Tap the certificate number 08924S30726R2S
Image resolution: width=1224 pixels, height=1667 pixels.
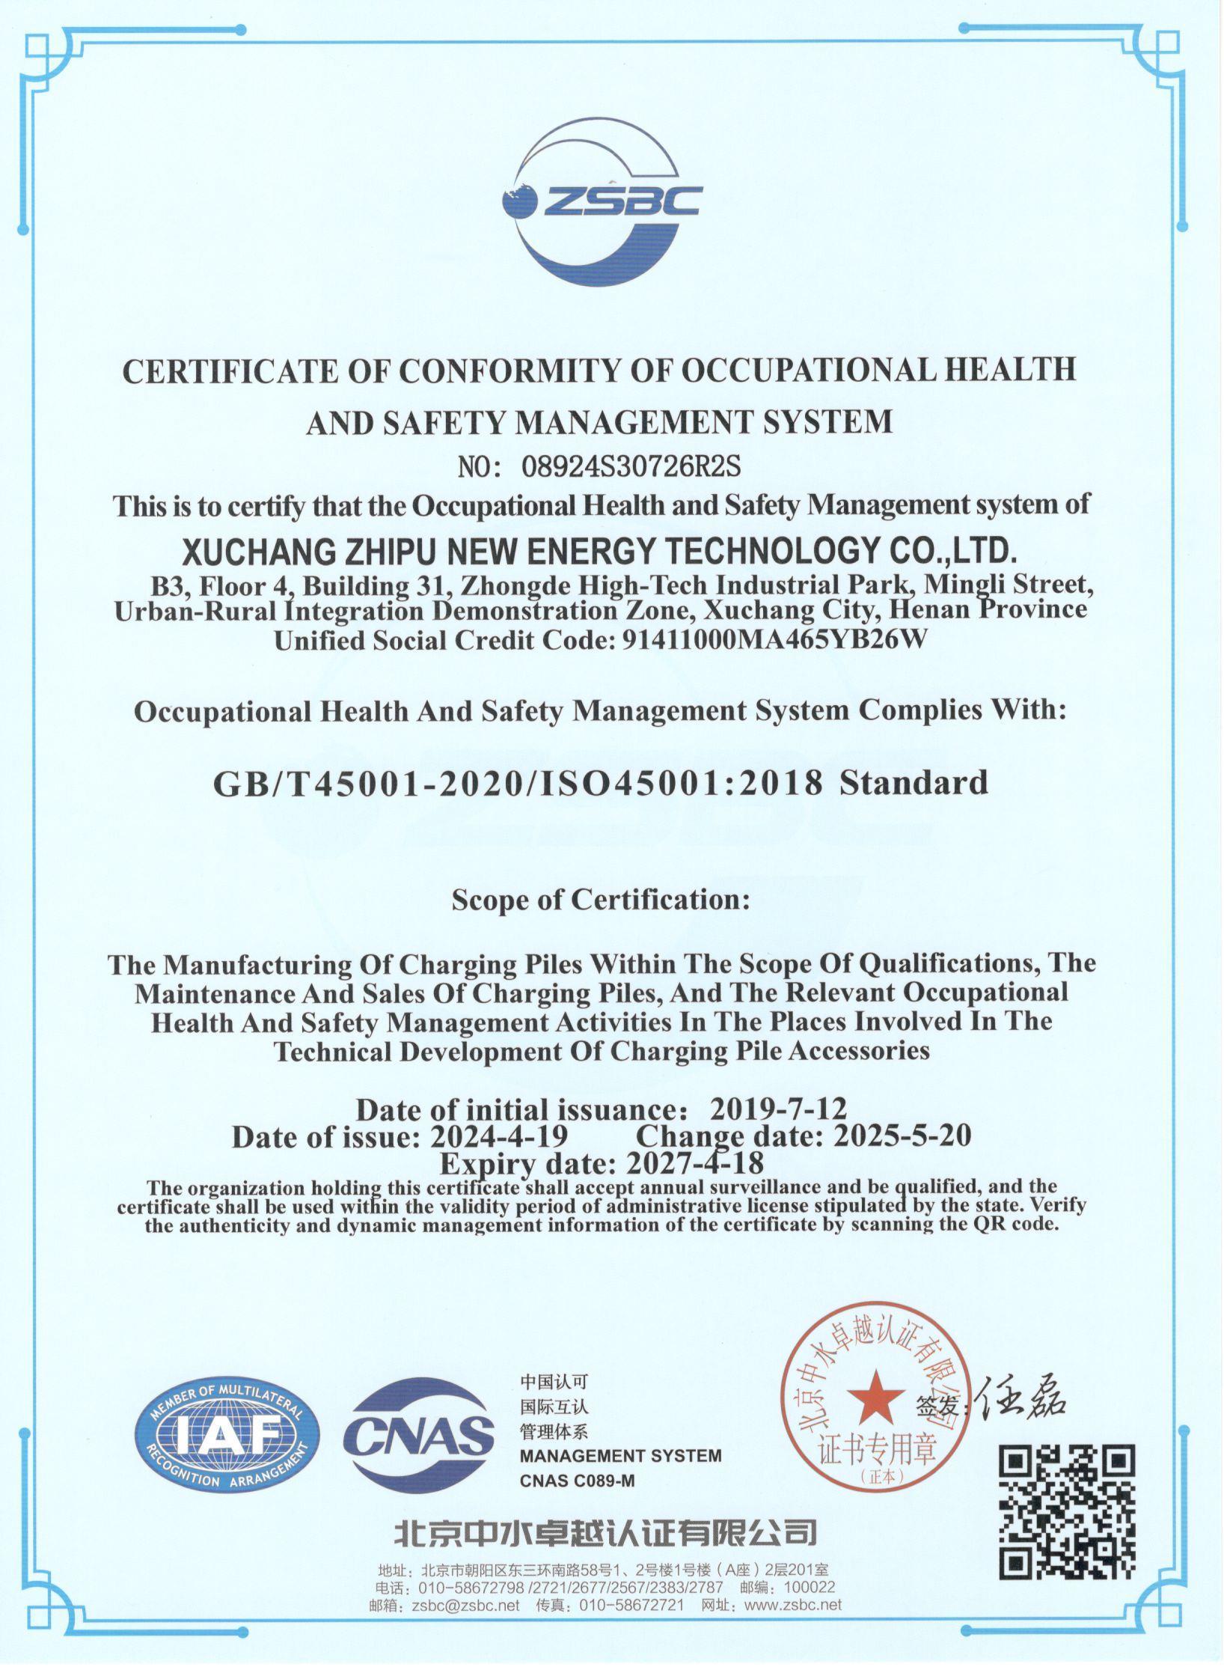coord(630,466)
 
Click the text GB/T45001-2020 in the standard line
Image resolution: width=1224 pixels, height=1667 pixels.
coord(367,783)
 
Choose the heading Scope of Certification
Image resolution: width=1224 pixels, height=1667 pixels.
coord(600,899)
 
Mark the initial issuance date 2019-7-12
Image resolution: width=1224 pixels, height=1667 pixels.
coord(778,1108)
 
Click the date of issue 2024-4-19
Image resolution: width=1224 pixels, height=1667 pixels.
coord(498,1136)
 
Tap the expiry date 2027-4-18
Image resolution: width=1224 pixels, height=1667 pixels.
coord(694,1163)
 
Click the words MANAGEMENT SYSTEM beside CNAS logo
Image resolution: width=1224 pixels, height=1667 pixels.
coord(621,1456)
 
